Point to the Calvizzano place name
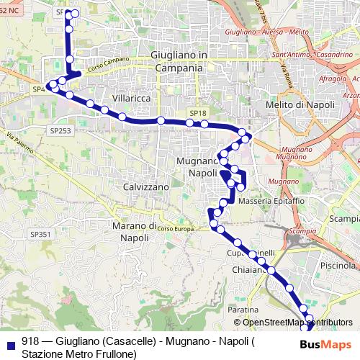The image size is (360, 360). tap(146, 186)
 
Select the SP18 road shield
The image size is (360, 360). tap(198, 113)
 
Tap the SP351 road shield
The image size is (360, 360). tap(40, 234)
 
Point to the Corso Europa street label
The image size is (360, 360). tap(176, 228)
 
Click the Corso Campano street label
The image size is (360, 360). tap(106, 66)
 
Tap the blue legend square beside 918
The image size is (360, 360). tap(9, 342)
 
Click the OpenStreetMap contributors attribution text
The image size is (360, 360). tap(297, 323)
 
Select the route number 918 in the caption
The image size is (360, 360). tap(30, 341)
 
